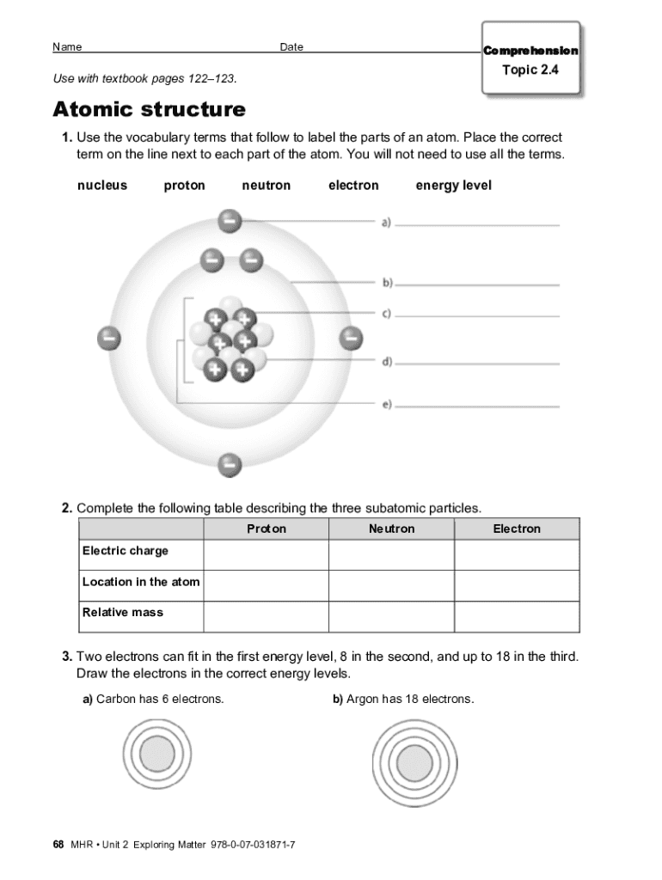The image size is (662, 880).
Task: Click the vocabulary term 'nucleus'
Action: click(x=102, y=186)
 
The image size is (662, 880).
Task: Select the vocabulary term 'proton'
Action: click(x=185, y=186)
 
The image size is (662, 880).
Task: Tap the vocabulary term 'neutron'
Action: click(x=267, y=186)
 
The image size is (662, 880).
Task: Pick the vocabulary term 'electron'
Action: click(x=353, y=186)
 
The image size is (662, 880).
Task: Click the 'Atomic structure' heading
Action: click(x=149, y=110)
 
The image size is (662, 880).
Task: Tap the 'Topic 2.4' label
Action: click(x=530, y=70)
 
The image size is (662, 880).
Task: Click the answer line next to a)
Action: click(x=477, y=224)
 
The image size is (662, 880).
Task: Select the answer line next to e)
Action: click(x=477, y=406)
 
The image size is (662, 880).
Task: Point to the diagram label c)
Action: click(x=387, y=314)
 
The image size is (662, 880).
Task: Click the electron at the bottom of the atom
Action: click(x=229, y=465)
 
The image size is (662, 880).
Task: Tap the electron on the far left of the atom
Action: click(x=108, y=338)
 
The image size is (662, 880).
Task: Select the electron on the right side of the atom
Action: click(x=351, y=338)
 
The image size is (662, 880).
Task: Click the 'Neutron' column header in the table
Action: click(x=391, y=529)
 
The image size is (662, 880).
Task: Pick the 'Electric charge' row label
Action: click(x=126, y=551)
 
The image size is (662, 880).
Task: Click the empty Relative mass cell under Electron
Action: click(x=517, y=616)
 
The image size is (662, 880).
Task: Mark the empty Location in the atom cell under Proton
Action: click(x=267, y=585)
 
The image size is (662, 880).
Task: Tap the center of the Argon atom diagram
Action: click(x=414, y=761)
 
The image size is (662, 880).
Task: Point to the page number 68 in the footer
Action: click(x=58, y=845)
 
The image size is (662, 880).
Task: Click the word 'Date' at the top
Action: click(x=291, y=47)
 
